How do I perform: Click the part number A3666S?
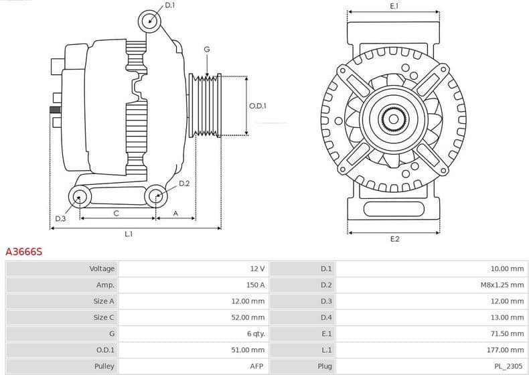click(x=24, y=252)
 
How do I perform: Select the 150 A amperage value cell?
click(x=255, y=285)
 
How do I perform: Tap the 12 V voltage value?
click(x=257, y=269)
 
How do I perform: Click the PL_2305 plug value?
click(x=510, y=366)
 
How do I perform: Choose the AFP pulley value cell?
click(x=257, y=366)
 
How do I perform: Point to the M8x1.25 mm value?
click(x=502, y=285)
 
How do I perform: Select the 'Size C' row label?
click(x=103, y=317)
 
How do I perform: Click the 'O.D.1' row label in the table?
click(x=105, y=350)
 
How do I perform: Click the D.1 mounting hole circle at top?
click(x=150, y=21)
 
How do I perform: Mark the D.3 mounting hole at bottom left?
click(x=80, y=197)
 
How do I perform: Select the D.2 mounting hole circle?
click(x=156, y=196)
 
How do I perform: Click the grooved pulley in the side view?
click(x=206, y=106)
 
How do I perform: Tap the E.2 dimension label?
click(x=394, y=239)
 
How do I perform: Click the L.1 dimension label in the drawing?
click(x=128, y=234)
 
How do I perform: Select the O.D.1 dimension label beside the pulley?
click(x=258, y=106)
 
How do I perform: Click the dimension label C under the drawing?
click(x=117, y=213)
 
